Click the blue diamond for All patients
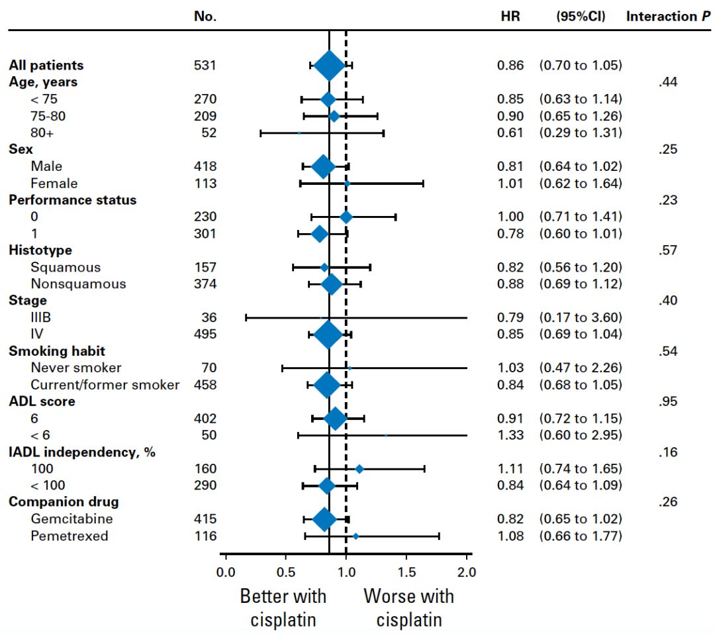pyautogui.click(x=329, y=65)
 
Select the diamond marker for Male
pyautogui.click(x=323, y=166)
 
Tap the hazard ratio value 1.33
pyautogui.click(x=510, y=435)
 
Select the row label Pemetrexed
pyautogui.click(x=69, y=536)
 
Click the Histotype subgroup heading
pyautogui.click(x=40, y=250)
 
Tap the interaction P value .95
pyautogui.click(x=669, y=401)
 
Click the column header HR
pyautogui.click(x=510, y=17)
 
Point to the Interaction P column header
pyautogui.click(x=669, y=17)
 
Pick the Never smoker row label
pyautogui.click(x=76, y=368)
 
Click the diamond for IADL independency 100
pyautogui.click(x=359, y=469)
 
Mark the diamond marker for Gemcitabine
pyautogui.click(x=324, y=519)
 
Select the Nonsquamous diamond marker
pyautogui.click(x=332, y=284)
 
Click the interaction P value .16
pyautogui.click(x=669, y=452)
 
